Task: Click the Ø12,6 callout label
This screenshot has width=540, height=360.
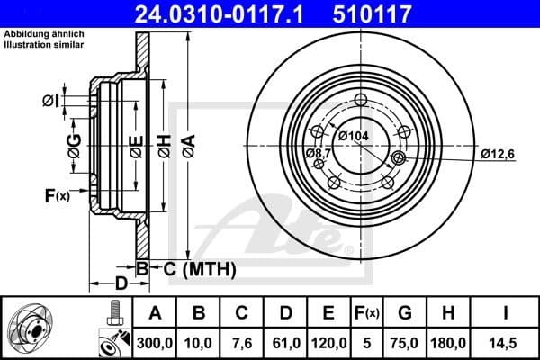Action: point(496,154)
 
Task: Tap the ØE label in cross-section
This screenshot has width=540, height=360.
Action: point(136,145)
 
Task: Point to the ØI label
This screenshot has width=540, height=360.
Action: point(52,101)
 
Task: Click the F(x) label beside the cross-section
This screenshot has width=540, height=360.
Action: point(56,195)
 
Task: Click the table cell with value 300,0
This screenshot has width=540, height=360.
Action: point(154,343)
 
